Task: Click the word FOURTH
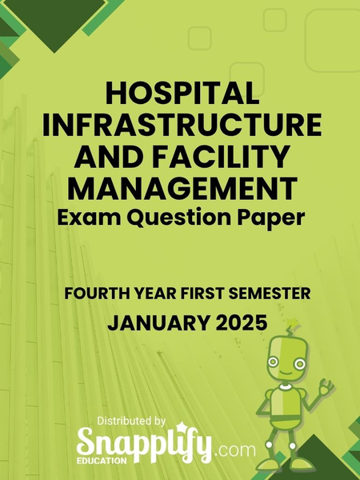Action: (x=94, y=295)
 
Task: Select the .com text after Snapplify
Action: (x=236, y=450)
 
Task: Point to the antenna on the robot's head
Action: (x=302, y=328)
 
